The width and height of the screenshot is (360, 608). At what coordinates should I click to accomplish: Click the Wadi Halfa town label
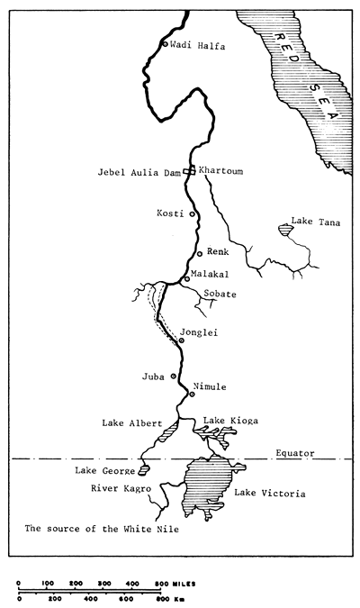pos(195,43)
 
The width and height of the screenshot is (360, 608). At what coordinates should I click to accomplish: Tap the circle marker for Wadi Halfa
pos(164,43)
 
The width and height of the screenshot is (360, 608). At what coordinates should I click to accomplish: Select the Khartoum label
pos(220,170)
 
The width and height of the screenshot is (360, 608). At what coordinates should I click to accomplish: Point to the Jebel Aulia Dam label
pos(144,171)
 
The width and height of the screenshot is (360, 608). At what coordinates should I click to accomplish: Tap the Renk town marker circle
pos(199,253)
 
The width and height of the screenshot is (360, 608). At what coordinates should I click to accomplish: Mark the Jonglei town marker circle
pos(181,340)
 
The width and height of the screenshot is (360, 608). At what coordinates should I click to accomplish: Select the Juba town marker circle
pos(173,376)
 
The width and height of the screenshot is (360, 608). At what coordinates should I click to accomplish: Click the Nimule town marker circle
pos(192,395)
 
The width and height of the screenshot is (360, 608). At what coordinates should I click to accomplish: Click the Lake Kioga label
pos(227,421)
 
